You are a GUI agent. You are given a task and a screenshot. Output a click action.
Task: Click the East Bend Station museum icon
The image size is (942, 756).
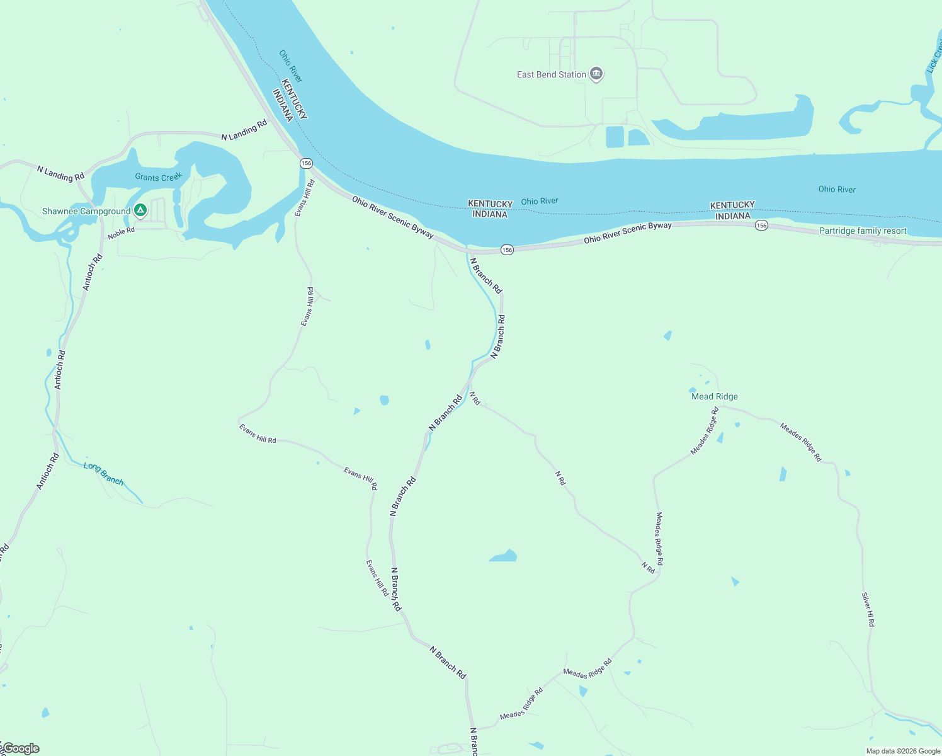(596, 74)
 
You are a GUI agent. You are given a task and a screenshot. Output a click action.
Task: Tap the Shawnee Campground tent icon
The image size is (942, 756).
(140, 210)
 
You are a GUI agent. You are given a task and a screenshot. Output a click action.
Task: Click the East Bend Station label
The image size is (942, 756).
(551, 74)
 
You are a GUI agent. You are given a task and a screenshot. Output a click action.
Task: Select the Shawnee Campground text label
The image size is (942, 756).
(86, 211)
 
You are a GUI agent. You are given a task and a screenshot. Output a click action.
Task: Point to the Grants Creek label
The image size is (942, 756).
(158, 177)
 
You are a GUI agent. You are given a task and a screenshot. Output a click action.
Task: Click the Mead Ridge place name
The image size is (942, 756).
(714, 396)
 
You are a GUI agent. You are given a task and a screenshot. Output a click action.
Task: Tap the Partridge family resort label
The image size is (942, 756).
(863, 231)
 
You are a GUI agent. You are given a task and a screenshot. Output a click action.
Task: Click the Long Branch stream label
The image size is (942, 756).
(104, 474)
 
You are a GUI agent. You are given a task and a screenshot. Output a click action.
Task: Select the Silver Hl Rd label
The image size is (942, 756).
(868, 609)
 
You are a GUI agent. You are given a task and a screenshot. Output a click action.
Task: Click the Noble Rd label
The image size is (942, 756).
(121, 233)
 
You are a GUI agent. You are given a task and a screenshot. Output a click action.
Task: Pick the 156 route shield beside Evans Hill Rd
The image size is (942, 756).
(306, 163)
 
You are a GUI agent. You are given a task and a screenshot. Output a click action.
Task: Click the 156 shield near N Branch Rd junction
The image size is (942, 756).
(507, 250)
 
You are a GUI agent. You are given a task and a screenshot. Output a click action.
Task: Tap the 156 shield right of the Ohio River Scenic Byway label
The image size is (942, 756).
(761, 225)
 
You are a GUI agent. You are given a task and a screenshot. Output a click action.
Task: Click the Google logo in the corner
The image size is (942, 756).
(21, 748)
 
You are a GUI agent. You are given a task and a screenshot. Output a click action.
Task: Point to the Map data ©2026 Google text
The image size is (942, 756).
(902, 751)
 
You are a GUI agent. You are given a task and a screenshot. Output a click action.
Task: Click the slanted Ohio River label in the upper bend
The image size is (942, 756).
(291, 66)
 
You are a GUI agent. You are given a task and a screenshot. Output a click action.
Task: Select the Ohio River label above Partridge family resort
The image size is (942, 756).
(837, 189)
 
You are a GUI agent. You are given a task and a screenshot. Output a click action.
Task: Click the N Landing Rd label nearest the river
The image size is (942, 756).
(244, 131)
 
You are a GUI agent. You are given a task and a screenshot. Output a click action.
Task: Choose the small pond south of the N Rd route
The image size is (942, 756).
(504, 556)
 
